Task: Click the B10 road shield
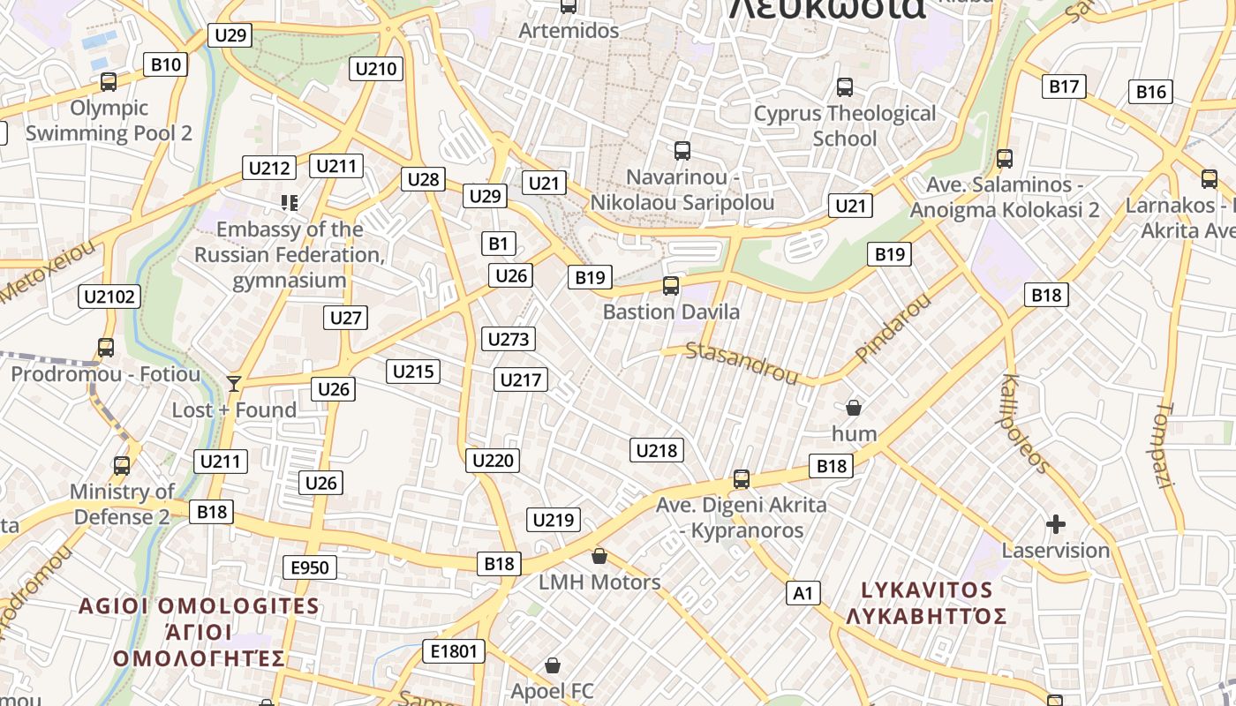(165, 64)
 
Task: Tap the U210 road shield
(376, 69)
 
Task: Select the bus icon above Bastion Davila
(671, 286)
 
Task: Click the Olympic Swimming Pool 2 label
(109, 121)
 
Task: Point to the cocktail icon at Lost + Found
(234, 383)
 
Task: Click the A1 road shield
(803, 593)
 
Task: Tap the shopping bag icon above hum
(854, 408)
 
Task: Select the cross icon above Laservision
(1055, 525)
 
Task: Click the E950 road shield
(309, 567)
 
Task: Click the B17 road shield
(1064, 86)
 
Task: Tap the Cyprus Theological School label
(844, 125)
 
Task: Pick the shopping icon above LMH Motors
(599, 556)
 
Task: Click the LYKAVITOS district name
(926, 590)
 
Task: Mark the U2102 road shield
(109, 297)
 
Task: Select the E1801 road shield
(454, 652)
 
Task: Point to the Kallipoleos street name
(1025, 424)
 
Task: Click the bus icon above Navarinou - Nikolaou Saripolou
(682, 151)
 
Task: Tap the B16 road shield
(1151, 92)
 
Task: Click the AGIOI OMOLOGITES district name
(199, 606)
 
